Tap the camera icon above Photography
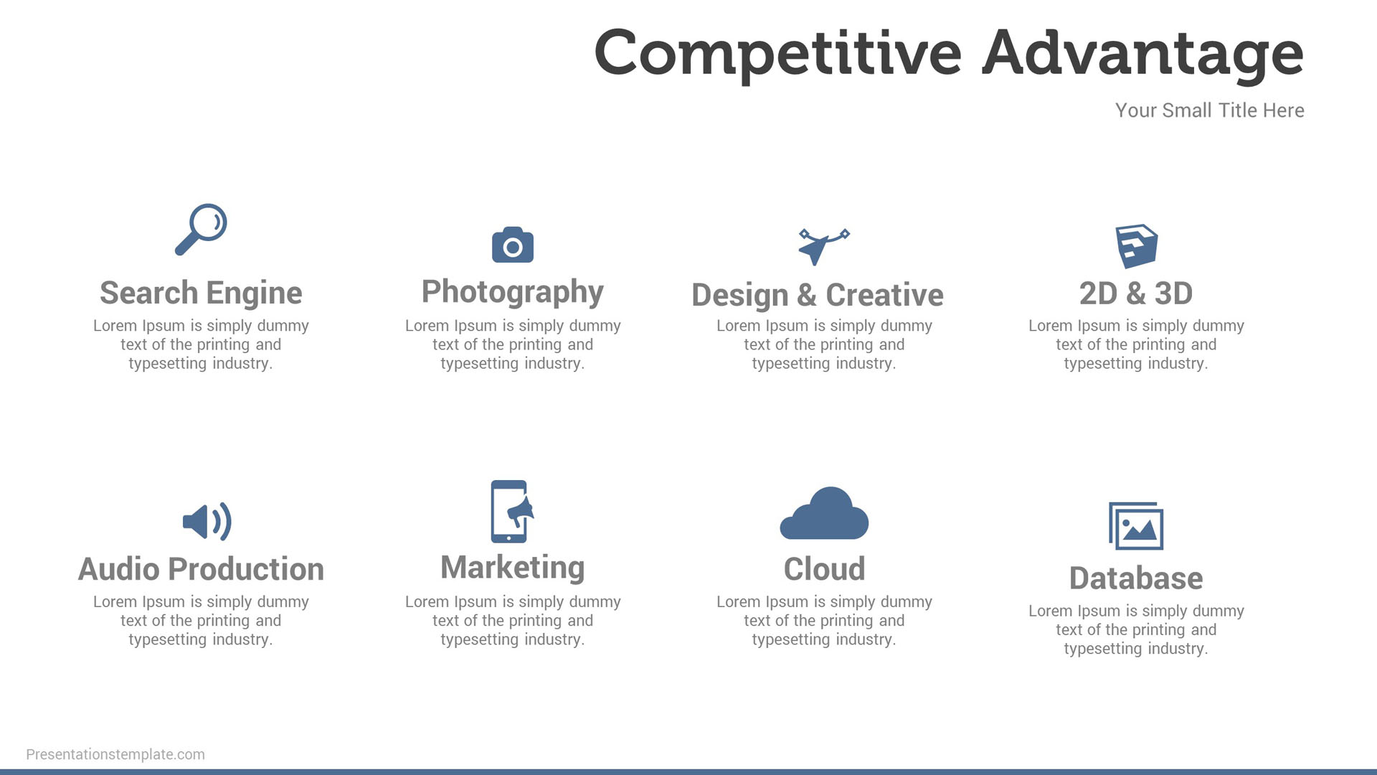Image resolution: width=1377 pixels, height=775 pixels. [x=513, y=245]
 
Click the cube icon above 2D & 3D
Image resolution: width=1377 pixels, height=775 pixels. [x=1137, y=246]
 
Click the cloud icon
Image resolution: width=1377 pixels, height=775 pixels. [x=824, y=513]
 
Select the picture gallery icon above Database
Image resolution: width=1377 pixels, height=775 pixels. [x=1136, y=526]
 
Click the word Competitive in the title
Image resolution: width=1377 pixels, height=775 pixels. [x=778, y=54]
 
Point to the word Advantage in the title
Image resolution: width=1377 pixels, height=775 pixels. [x=1143, y=54]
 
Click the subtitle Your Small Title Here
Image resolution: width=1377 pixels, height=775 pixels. [x=1210, y=111]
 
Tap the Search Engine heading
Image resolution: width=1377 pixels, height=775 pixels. [x=201, y=293]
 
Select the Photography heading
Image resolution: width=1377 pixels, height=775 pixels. [x=513, y=292]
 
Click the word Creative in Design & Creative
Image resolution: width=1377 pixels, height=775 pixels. [x=884, y=295]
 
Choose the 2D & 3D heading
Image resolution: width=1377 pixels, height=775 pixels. [x=1136, y=293]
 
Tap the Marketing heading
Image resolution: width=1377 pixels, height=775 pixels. [x=513, y=568]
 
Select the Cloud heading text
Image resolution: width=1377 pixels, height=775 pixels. [x=825, y=569]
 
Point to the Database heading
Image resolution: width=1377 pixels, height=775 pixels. [x=1136, y=578]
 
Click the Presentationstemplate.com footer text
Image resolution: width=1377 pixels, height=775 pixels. [x=115, y=754]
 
